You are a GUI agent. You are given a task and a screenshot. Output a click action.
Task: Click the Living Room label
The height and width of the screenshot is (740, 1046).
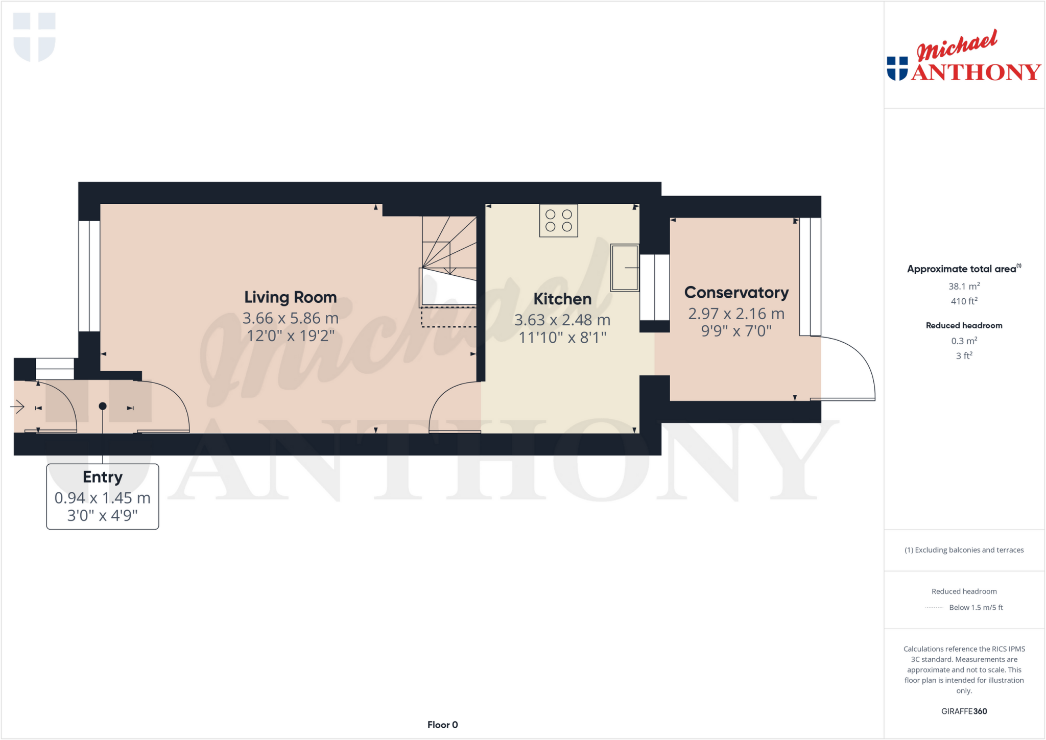[290, 297]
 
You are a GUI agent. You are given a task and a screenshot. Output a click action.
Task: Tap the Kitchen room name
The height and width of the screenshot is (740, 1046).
[562, 299]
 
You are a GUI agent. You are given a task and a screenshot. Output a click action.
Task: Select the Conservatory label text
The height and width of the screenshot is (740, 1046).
[736, 293]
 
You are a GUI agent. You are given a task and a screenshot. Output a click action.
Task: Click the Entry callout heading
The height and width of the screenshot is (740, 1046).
[103, 477]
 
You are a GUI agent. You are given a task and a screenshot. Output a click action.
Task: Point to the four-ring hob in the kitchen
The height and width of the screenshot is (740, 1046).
[558, 221]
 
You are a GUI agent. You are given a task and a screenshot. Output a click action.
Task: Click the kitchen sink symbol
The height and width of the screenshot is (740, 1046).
[624, 268]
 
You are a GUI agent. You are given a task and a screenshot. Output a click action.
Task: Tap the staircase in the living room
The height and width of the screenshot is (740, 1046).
[449, 245]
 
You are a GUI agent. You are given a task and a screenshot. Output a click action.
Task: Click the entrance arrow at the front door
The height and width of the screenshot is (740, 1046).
[18, 407]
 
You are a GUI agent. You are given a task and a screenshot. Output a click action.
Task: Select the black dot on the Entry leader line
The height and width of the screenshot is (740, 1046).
[103, 406]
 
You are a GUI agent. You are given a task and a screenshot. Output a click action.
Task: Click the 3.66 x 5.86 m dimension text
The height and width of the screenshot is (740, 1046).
[290, 319]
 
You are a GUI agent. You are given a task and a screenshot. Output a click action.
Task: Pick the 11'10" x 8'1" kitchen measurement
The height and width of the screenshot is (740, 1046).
[562, 338]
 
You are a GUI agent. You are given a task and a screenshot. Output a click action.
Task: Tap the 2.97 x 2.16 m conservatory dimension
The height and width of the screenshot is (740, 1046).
[736, 314]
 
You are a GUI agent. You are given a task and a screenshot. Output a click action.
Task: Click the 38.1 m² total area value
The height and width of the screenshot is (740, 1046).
[964, 287]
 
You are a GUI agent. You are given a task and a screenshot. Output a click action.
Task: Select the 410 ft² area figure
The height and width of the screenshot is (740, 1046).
[964, 301]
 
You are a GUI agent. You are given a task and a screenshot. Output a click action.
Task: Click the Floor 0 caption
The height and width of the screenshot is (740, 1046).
[442, 725]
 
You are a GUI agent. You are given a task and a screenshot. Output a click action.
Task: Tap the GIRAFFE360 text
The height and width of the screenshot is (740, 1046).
[964, 711]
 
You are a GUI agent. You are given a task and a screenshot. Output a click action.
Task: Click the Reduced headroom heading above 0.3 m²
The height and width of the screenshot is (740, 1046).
[964, 325]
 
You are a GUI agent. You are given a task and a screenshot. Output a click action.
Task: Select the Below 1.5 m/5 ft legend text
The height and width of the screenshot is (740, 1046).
[976, 607]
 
